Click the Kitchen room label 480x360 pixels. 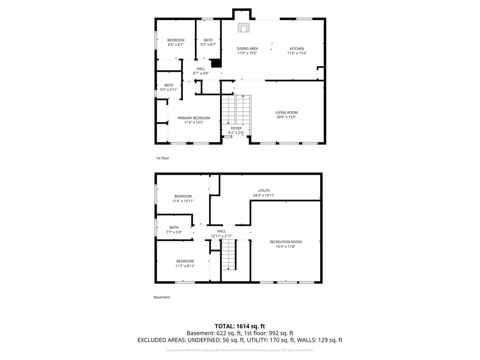(297, 49)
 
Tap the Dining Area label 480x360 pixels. (247, 49)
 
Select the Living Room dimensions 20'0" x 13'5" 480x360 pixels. (286, 117)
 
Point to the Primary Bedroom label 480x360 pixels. (194, 118)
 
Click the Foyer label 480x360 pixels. (236, 128)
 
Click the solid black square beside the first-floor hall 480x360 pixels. (216, 63)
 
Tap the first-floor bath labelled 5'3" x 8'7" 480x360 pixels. (208, 42)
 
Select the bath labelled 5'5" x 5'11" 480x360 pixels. (169, 87)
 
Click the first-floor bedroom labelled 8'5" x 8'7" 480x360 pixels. (176, 42)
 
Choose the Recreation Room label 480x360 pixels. (285, 242)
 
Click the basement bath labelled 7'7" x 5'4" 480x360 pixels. (174, 230)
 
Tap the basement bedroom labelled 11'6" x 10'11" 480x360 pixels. (183, 198)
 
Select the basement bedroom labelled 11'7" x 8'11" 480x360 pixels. (184, 263)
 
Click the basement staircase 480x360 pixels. (228, 255)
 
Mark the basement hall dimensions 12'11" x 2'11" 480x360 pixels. (222, 236)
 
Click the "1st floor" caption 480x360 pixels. (162, 158)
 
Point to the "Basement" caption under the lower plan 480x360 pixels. (162, 297)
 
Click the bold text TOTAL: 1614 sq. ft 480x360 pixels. (240, 326)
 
